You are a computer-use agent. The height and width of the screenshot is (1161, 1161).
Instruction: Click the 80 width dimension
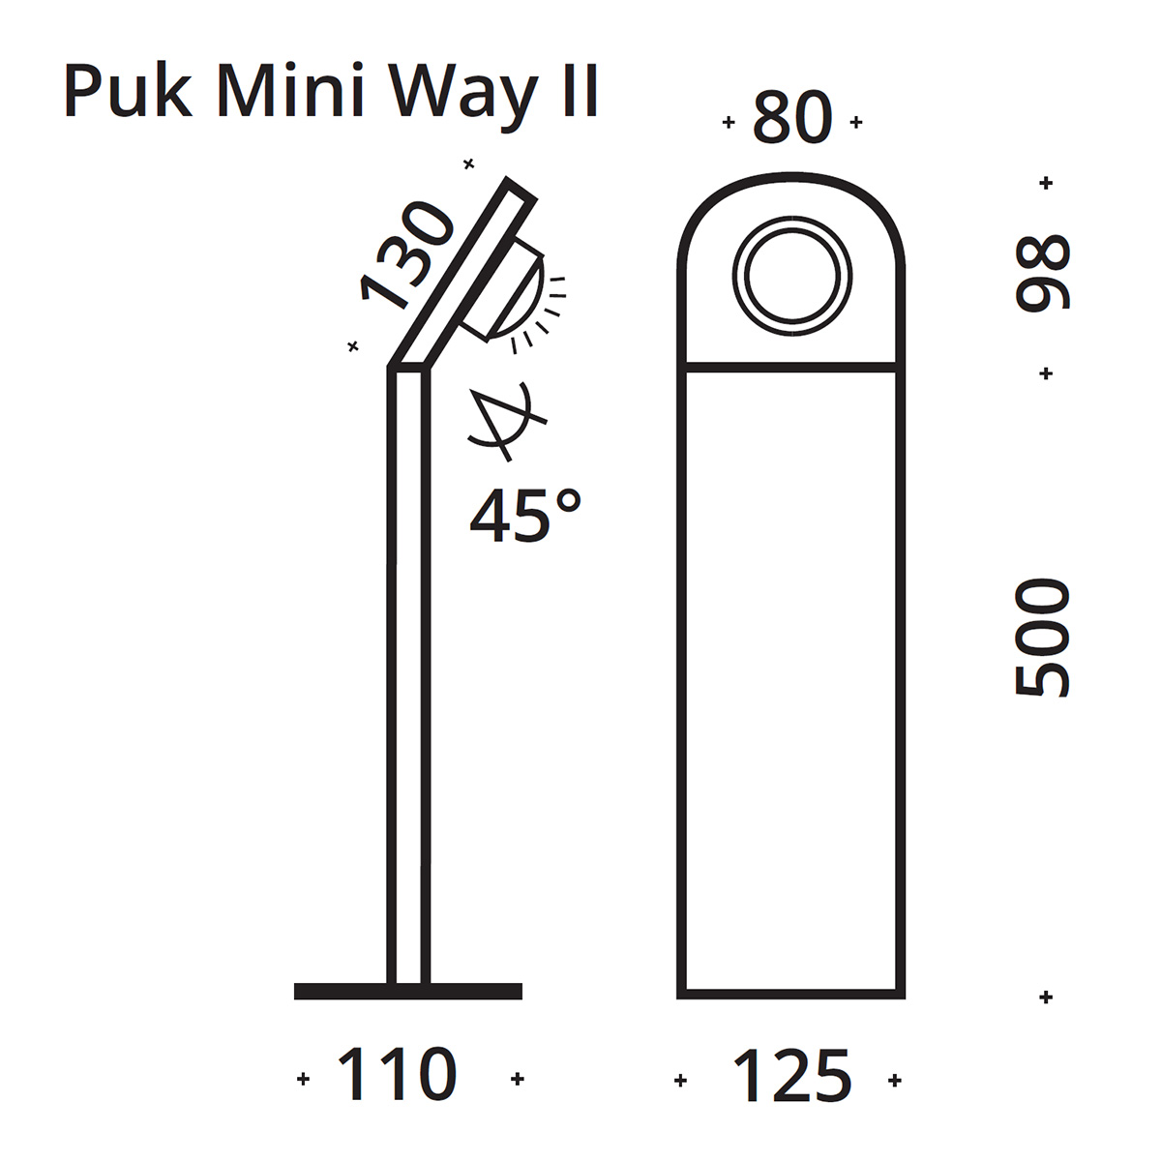(792, 118)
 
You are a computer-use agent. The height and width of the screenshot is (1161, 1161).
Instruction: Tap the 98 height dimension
(1042, 273)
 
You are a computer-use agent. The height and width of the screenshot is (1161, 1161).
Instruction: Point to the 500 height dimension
(1042, 639)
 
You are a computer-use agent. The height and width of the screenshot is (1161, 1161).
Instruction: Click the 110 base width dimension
(397, 1075)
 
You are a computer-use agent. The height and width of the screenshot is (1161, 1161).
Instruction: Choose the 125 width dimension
(791, 1076)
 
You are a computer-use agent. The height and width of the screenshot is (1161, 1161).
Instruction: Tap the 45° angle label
(525, 515)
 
